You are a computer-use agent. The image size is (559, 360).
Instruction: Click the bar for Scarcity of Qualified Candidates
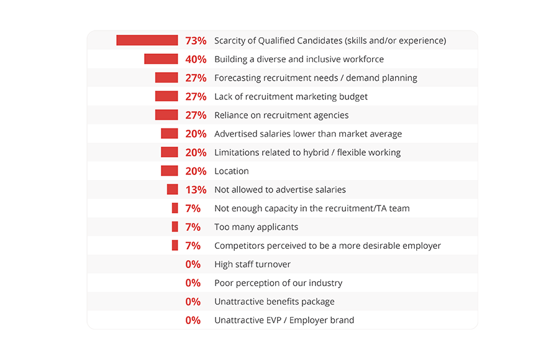coord(147,40)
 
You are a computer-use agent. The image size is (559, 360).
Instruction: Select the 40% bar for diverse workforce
coord(161,59)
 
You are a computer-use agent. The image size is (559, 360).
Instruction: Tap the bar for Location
coord(169,171)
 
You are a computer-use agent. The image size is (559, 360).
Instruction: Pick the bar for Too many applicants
coord(175,227)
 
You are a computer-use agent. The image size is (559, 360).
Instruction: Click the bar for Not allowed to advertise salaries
coord(172,189)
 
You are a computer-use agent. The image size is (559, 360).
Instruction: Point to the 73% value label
coord(196,40)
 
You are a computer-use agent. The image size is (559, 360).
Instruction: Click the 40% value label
coord(196,59)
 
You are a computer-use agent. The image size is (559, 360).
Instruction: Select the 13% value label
coord(196,189)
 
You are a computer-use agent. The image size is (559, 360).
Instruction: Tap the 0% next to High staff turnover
coord(193,264)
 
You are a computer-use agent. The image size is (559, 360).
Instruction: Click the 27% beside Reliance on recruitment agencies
coord(196,115)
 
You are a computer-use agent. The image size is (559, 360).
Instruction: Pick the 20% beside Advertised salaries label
coord(196,133)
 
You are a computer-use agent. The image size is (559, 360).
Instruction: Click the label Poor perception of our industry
coord(278,283)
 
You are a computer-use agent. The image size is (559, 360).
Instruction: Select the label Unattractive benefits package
coord(275,302)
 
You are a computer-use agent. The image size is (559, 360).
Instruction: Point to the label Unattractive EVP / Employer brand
coord(284,320)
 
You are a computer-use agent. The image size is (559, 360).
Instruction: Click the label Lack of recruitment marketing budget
coord(291,97)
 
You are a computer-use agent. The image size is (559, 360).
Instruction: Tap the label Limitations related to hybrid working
coord(307,153)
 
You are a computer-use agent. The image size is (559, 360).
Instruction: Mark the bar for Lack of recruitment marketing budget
coord(166,96)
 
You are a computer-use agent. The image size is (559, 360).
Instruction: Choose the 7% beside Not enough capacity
coord(193,208)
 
